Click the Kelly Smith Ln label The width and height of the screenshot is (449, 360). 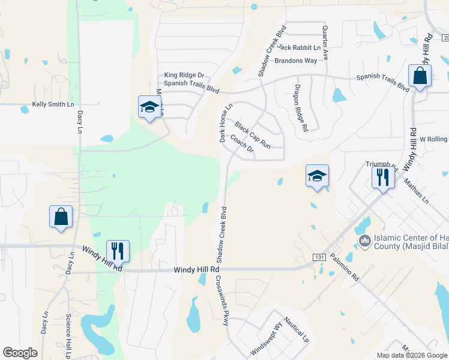point(53,104)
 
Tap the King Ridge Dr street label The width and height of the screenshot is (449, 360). point(184,76)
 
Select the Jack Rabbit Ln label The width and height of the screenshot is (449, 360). point(300,47)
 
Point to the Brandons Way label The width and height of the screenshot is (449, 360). point(295,61)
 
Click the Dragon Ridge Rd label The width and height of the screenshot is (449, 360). point(301,108)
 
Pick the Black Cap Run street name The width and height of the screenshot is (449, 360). point(253,135)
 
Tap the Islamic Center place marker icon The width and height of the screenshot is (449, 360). point(364,241)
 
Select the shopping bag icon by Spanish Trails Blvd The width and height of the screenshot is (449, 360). point(420,76)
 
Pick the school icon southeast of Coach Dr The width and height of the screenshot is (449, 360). point(317,176)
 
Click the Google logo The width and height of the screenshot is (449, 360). point(20,353)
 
